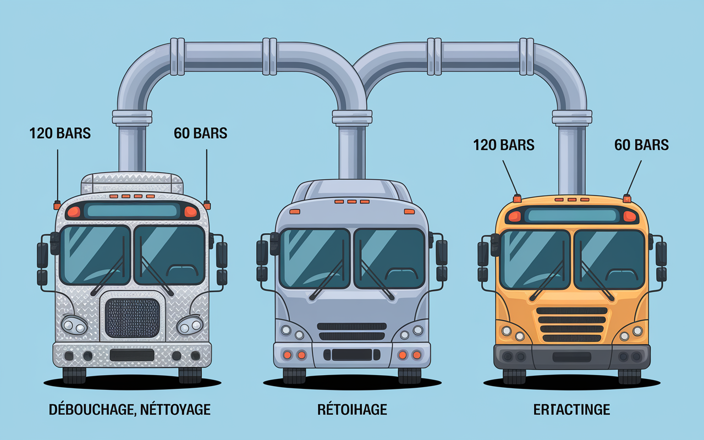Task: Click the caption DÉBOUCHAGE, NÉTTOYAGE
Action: click(x=129, y=410)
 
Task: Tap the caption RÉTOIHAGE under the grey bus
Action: click(x=352, y=410)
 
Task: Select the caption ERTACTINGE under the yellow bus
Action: click(x=571, y=410)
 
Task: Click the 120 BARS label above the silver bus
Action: click(x=60, y=133)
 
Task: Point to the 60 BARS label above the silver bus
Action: click(x=201, y=133)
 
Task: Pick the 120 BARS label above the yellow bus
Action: click(x=504, y=145)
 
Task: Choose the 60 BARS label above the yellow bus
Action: click(x=641, y=145)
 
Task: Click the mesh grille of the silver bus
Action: click(x=133, y=318)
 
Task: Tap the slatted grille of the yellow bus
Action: click(x=571, y=324)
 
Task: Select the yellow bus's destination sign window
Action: click(x=572, y=215)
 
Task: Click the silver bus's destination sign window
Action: click(x=132, y=211)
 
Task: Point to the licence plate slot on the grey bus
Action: click(x=352, y=355)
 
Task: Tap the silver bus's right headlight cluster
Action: click(x=190, y=325)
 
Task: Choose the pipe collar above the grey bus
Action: click(x=352, y=118)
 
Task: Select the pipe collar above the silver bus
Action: click(x=132, y=118)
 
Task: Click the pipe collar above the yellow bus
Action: click(x=572, y=118)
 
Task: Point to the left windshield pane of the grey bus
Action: click(x=315, y=258)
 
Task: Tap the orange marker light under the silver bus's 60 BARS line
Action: click(x=207, y=205)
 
